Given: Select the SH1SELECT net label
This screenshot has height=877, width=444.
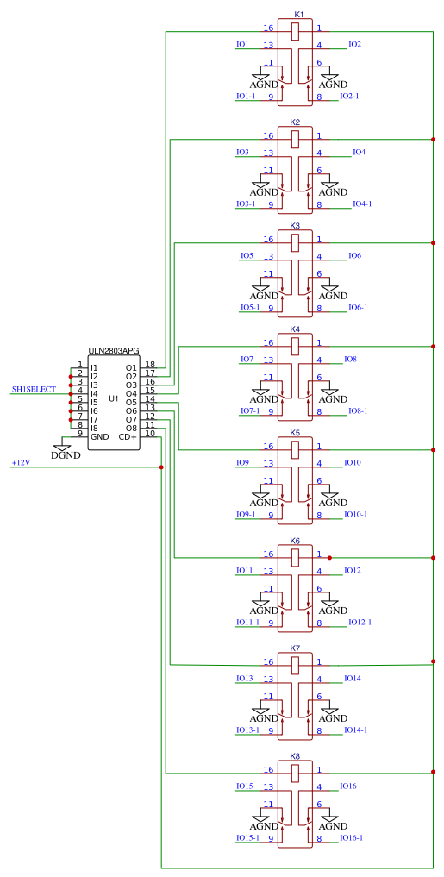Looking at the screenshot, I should tap(34, 390).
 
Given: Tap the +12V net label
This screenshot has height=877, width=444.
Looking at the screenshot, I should tap(21, 463).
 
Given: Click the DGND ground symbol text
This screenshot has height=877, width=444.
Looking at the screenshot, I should tap(66, 455).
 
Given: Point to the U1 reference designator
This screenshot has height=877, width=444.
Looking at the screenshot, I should tap(114, 398).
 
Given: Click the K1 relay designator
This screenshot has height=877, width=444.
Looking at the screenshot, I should tap(298, 15).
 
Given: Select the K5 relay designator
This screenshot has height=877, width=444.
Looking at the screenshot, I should tap(295, 433).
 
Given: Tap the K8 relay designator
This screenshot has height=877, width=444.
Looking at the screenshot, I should tap(295, 756).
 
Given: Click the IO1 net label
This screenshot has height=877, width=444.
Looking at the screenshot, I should tap(242, 44).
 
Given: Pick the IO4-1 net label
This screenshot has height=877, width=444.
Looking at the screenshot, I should tap(362, 204).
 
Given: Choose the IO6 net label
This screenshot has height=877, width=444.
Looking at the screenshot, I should tap(354, 256).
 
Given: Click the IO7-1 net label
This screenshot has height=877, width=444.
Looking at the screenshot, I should tap(249, 411).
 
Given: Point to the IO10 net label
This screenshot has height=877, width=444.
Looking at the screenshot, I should tap(353, 463).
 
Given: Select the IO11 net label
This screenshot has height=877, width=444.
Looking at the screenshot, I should tap(244, 571).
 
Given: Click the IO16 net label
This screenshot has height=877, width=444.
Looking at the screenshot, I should tap(348, 786).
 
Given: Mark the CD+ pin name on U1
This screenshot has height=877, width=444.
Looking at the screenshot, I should tap(128, 437).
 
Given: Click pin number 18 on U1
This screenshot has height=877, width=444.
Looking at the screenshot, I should tap(150, 365).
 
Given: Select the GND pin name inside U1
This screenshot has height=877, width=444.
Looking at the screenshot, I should tap(100, 437).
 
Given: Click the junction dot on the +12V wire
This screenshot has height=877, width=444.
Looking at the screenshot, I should tap(161, 467).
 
